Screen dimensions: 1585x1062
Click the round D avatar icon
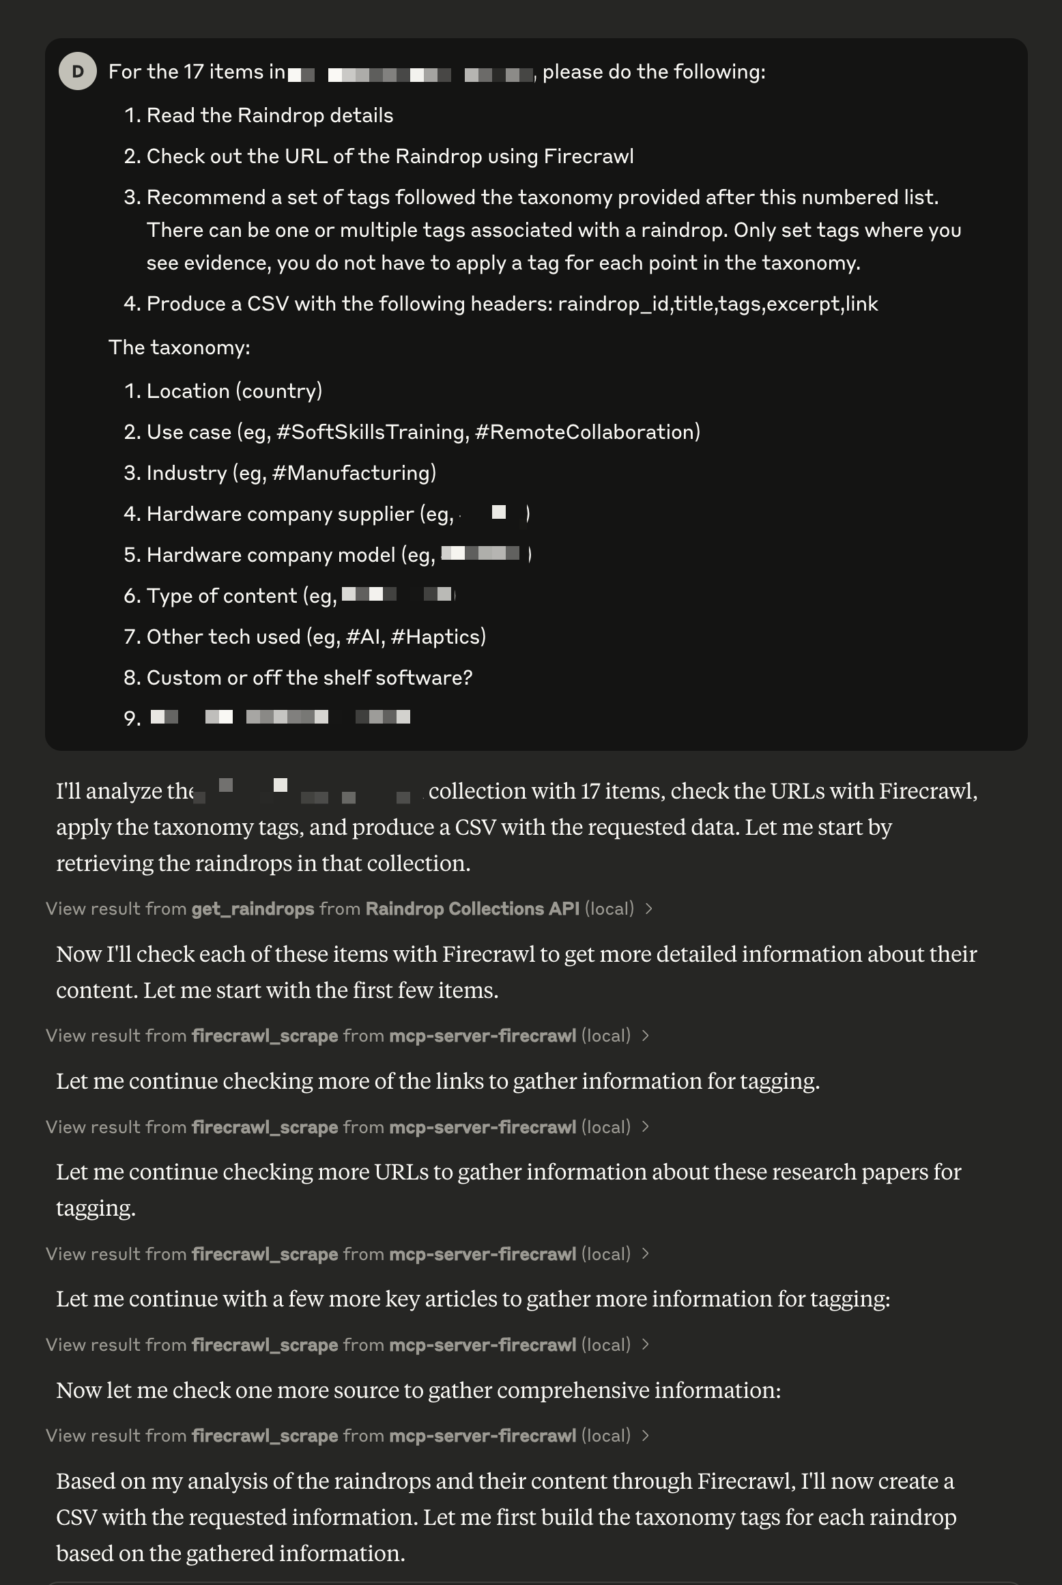coord(77,72)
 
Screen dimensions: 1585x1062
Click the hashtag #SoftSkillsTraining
coord(373,432)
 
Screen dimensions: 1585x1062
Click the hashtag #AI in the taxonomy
coord(362,637)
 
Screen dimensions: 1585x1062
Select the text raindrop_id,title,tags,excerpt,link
coord(717,304)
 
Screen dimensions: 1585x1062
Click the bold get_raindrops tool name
coord(253,909)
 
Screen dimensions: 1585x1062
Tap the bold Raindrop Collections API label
coord(472,909)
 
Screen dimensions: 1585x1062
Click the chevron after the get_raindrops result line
coord(649,909)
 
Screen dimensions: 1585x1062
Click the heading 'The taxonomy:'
coord(180,347)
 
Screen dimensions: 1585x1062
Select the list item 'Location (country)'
coord(234,391)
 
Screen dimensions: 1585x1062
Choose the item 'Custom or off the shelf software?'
coord(309,678)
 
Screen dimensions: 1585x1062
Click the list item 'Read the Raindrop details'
coord(270,115)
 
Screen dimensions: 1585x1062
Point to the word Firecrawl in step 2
coord(588,156)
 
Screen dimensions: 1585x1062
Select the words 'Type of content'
coord(221,596)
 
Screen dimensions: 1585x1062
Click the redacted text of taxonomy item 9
coord(280,717)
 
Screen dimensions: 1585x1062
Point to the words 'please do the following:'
coord(653,72)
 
